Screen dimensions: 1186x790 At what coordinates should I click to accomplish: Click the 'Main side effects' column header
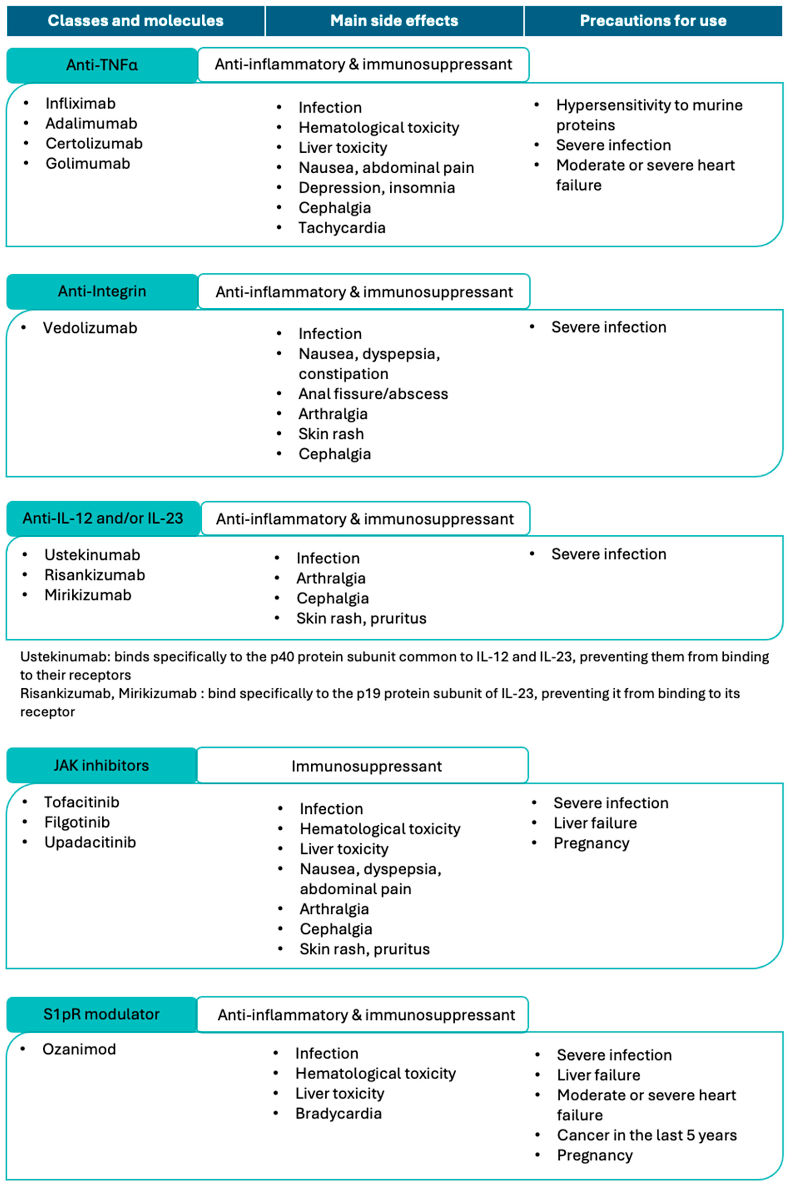(x=394, y=21)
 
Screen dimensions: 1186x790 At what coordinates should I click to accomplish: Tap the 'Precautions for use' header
(x=653, y=21)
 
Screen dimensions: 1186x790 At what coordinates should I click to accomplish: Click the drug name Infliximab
(x=81, y=103)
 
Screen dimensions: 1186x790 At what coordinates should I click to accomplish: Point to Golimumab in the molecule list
(x=88, y=163)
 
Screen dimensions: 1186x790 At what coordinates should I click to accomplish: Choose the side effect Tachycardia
(x=342, y=228)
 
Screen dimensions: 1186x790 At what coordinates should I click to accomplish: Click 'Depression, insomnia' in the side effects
(x=376, y=187)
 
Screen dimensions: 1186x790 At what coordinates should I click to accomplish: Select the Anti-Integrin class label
(x=102, y=291)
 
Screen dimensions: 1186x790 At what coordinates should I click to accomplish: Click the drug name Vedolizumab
(x=90, y=328)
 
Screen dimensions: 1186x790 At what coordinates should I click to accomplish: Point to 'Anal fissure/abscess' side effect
(x=373, y=394)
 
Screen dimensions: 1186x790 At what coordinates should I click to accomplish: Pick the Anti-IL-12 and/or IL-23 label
(x=103, y=518)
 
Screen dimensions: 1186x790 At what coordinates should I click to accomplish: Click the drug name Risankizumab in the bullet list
(x=95, y=575)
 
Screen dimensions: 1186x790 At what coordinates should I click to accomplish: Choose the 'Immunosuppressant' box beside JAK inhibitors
(x=366, y=766)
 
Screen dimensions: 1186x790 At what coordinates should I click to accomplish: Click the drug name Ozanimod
(x=79, y=1049)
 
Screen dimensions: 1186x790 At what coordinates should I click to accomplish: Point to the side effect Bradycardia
(x=338, y=1114)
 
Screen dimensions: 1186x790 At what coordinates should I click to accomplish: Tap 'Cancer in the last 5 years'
(x=646, y=1135)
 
